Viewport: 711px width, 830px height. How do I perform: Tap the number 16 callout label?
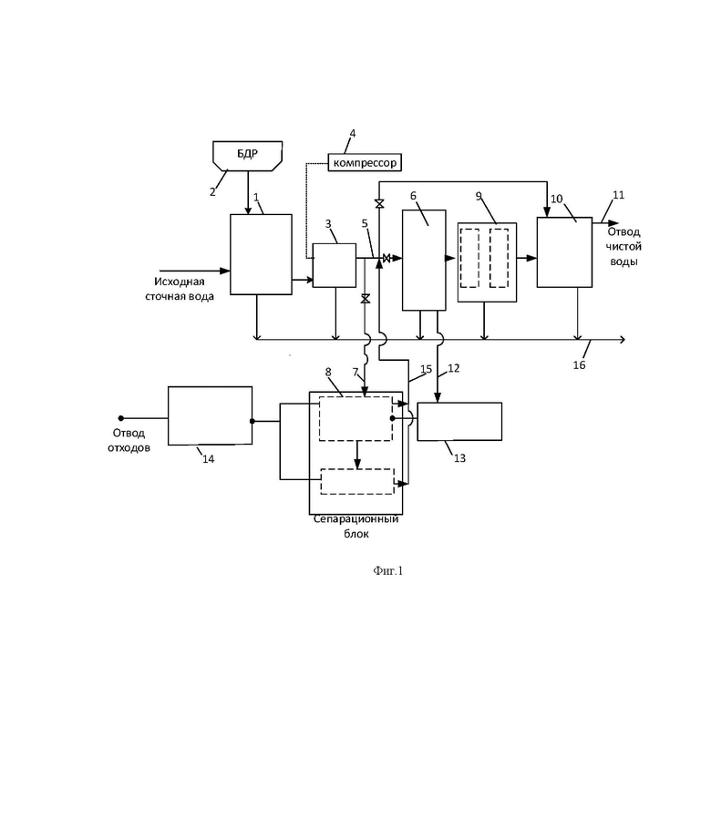(x=579, y=364)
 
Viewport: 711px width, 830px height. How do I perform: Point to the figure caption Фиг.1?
(x=388, y=570)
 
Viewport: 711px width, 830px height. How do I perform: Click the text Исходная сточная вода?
(x=180, y=289)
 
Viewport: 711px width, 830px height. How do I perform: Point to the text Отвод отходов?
(x=129, y=440)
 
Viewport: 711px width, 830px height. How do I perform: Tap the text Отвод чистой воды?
(x=623, y=247)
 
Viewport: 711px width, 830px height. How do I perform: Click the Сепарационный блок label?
(x=355, y=527)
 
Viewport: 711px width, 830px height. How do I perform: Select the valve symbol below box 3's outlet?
(x=365, y=299)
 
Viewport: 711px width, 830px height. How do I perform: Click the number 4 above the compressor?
(x=353, y=133)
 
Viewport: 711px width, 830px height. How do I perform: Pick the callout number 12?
(x=454, y=368)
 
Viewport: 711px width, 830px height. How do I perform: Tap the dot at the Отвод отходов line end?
(x=120, y=418)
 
